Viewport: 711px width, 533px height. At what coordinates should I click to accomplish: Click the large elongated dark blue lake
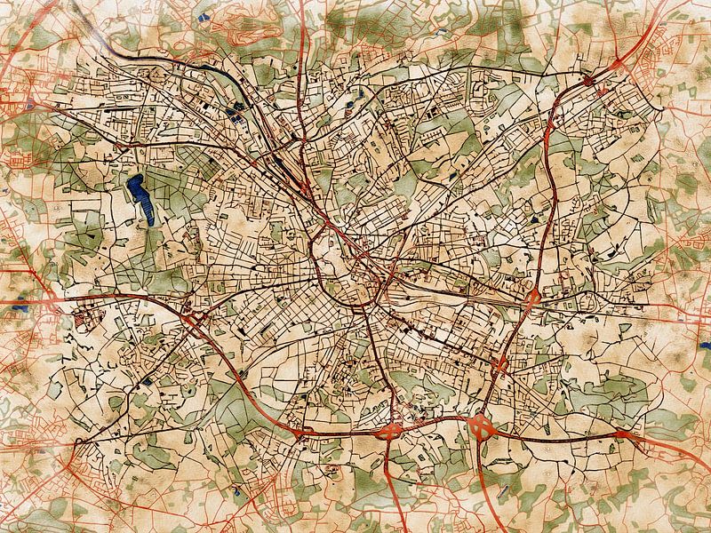click(x=138, y=197)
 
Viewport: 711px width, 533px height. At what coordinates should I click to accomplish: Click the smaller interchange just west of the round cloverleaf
click(x=392, y=431)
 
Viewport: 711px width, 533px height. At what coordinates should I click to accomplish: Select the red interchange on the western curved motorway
click(x=188, y=312)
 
